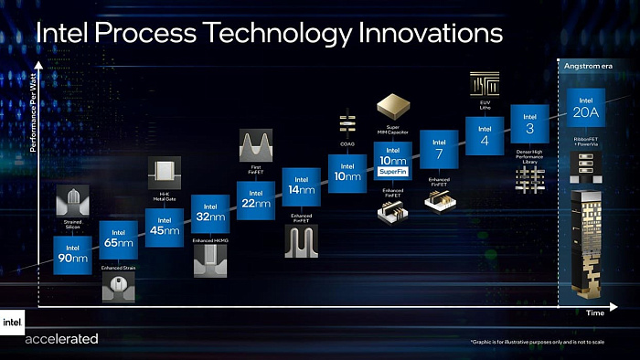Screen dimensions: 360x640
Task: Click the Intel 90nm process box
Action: pyautogui.click(x=72, y=255)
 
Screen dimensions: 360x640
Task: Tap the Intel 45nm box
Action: pyautogui.click(x=164, y=227)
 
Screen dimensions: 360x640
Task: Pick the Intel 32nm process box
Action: pyautogui.click(x=210, y=214)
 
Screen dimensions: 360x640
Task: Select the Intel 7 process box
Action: pyautogui.click(x=439, y=148)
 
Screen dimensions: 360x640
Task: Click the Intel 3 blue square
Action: pyautogui.click(x=528, y=122)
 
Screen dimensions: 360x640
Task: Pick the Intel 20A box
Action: pyautogui.click(x=585, y=109)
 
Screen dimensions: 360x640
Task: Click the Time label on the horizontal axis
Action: pyautogui.click(x=594, y=312)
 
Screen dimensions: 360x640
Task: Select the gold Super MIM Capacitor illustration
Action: pyautogui.click(x=392, y=103)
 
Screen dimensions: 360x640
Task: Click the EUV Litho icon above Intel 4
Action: pyautogui.click(x=485, y=84)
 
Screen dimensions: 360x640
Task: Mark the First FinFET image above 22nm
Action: pyautogui.click(x=255, y=143)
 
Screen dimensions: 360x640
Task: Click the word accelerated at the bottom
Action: pyautogui.click(x=62, y=339)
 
